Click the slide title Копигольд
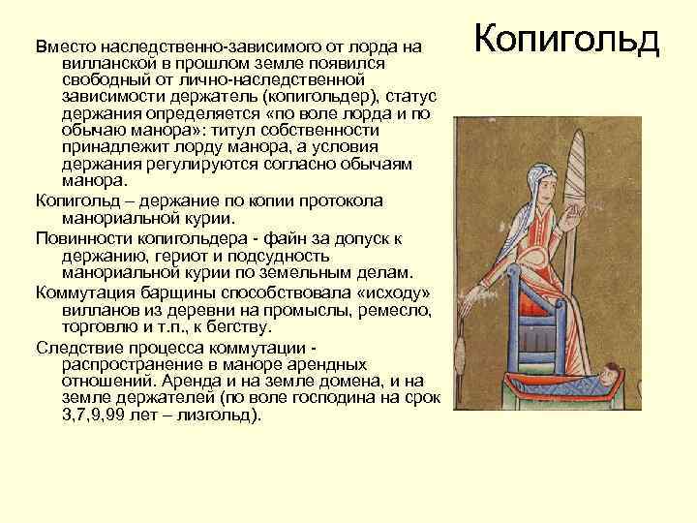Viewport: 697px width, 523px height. [x=568, y=40]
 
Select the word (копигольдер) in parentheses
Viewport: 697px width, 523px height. [x=327, y=96]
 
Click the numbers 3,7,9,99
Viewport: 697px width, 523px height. [x=88, y=415]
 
